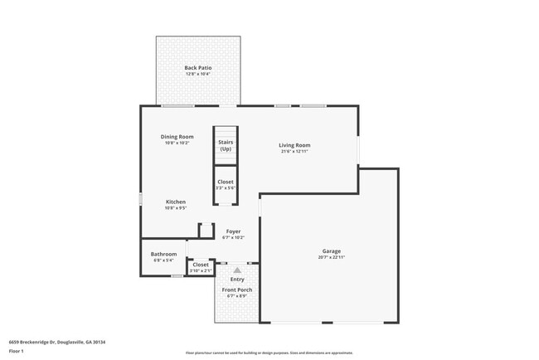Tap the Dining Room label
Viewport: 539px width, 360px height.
177,136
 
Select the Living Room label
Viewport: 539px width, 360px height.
294,145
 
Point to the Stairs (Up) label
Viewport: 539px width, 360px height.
226,145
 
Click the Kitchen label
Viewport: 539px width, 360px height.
175,202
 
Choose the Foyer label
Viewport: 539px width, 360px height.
233,231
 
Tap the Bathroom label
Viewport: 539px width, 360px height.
163,254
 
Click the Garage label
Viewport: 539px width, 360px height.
332,251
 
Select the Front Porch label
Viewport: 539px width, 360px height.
237,289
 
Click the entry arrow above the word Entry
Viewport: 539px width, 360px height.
237,270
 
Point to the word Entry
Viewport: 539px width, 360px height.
237,279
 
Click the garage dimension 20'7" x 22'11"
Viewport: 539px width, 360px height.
332,258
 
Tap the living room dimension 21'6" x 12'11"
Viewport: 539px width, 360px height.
294,152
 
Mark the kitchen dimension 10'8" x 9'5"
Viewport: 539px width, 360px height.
175,208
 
